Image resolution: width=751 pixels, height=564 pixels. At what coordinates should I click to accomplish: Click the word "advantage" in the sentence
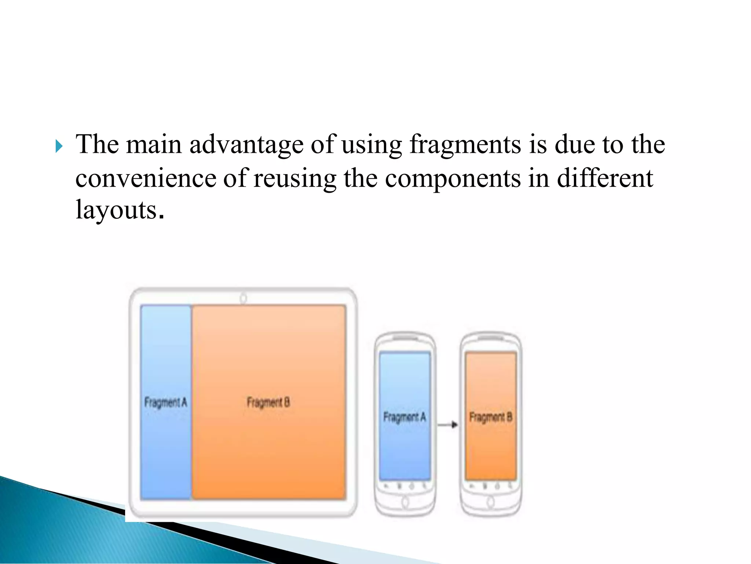click(x=246, y=145)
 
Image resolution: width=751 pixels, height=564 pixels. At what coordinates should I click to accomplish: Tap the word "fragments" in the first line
click(x=465, y=145)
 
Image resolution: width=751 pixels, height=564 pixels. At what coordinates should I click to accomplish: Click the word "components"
click(x=453, y=179)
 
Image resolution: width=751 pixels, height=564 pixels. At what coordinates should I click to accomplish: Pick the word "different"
click(x=605, y=178)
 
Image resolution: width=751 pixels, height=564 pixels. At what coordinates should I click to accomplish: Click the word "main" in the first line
click(x=154, y=145)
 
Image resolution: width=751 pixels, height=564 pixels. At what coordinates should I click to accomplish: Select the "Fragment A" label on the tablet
click(x=165, y=403)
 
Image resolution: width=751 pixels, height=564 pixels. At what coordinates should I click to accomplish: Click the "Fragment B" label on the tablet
click(x=268, y=403)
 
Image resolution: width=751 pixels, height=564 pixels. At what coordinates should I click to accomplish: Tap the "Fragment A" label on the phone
click(x=404, y=417)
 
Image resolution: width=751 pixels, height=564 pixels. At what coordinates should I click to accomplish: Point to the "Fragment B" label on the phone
click(x=491, y=417)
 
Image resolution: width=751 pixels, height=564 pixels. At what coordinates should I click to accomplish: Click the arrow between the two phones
click(x=448, y=425)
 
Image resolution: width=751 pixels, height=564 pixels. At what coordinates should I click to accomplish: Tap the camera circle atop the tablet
click(x=243, y=298)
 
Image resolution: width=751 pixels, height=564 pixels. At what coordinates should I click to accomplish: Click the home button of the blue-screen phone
click(x=405, y=502)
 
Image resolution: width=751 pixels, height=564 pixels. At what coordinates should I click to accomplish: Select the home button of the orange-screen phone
click(x=491, y=502)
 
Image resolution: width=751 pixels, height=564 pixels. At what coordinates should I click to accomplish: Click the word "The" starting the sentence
click(x=97, y=145)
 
